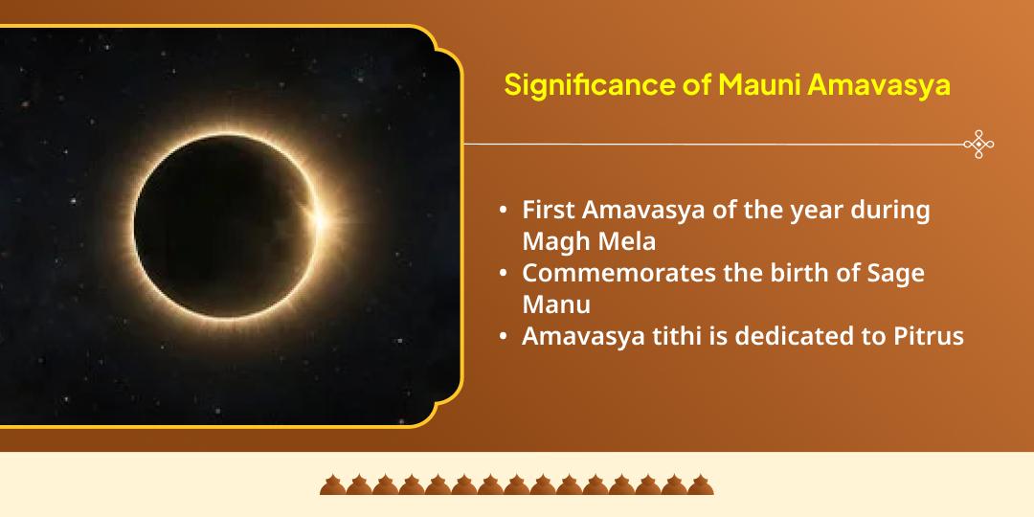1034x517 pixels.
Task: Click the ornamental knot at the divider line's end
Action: (x=978, y=145)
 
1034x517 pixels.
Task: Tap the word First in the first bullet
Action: (x=549, y=211)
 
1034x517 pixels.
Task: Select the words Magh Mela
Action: (x=589, y=241)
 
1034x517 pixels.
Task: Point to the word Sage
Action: (x=895, y=273)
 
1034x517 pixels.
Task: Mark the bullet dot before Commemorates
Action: (x=504, y=274)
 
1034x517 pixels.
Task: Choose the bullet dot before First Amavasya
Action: (x=504, y=212)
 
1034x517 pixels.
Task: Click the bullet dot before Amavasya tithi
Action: (x=504, y=338)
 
